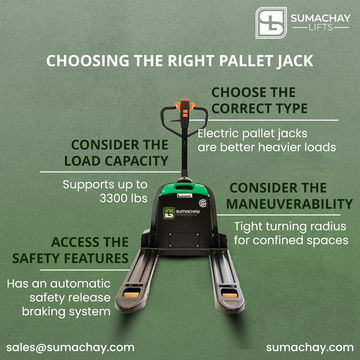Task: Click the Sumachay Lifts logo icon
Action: tap(271, 23)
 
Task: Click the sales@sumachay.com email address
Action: tap(70, 347)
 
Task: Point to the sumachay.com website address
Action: tap(310, 347)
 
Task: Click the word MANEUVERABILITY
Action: tap(289, 204)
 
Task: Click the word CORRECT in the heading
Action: tap(238, 108)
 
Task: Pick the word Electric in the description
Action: tap(218, 134)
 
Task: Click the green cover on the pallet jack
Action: tap(184, 189)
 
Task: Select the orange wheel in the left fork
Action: tap(132, 295)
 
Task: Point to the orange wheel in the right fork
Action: tap(230, 295)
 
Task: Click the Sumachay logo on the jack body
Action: tap(181, 213)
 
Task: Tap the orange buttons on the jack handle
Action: tap(185, 110)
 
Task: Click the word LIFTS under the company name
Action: tap(320, 28)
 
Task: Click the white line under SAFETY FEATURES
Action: tap(84, 270)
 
